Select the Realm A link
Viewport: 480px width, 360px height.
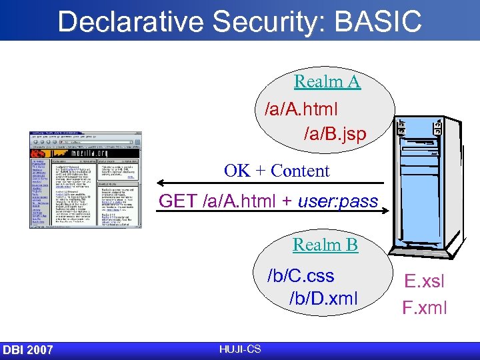pyautogui.click(x=327, y=82)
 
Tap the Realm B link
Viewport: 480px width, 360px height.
pyautogui.click(x=325, y=245)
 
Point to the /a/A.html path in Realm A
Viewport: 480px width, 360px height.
pyautogui.click(x=301, y=107)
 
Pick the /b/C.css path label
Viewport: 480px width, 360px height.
pyautogui.click(x=301, y=275)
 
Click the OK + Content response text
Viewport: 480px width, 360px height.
pyautogui.click(x=277, y=171)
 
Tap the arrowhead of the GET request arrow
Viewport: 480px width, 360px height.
pyautogui.click(x=386, y=211)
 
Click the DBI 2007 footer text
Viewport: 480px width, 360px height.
pyautogui.click(x=28, y=350)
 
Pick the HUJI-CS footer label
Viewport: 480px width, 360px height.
pyautogui.click(x=239, y=349)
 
